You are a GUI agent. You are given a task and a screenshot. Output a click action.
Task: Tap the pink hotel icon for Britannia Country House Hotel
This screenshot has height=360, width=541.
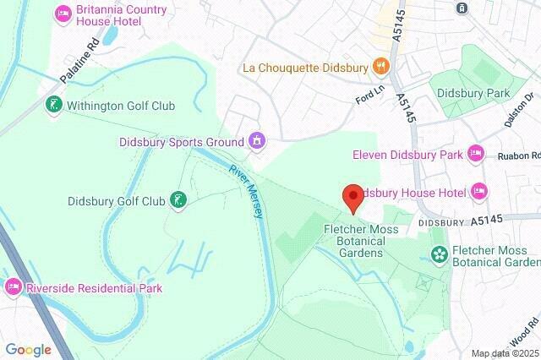(63, 14)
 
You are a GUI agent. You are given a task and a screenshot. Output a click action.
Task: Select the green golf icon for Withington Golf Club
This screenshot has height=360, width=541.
(53, 106)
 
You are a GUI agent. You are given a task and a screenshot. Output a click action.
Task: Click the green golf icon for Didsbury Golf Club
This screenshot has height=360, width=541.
(178, 200)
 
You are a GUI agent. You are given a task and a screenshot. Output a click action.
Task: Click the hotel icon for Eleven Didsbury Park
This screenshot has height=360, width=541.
(476, 154)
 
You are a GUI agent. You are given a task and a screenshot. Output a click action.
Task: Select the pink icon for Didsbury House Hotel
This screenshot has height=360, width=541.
(479, 192)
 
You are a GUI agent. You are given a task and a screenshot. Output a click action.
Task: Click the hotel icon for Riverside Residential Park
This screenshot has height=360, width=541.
(14, 287)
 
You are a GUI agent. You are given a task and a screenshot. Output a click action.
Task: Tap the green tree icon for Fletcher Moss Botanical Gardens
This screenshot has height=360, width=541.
(439, 254)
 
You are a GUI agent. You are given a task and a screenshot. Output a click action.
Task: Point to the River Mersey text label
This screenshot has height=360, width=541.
(247, 190)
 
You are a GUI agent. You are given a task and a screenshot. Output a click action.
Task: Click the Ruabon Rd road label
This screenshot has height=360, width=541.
(517, 155)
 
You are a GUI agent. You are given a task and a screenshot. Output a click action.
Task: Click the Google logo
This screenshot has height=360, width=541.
(28, 349)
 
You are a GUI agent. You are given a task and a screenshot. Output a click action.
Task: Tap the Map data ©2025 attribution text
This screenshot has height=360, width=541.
(504, 353)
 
